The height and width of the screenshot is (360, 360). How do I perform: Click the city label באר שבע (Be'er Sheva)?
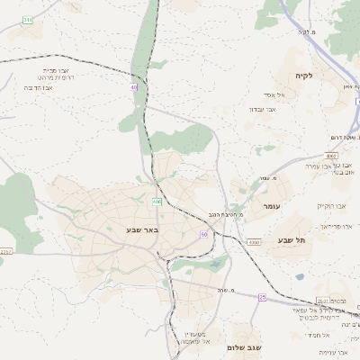pos(142,230)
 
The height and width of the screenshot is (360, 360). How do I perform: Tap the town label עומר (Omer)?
pos(274,207)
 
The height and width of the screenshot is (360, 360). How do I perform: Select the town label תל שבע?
pos(292,240)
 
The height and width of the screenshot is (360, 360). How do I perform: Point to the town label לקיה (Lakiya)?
pos(303,76)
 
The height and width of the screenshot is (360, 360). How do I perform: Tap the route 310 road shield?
pos(28,18)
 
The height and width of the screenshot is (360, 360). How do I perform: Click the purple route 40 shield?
pos(134,87)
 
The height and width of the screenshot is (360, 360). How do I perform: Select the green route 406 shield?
pos(157,202)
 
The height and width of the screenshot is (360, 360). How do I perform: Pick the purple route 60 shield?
pos(204,234)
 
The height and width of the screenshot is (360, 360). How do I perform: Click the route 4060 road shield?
pos(254,242)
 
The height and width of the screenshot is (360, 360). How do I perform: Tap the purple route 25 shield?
pos(263,296)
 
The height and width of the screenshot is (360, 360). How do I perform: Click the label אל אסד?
pos(274,94)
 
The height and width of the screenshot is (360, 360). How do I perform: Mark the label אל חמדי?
pos(321,335)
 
